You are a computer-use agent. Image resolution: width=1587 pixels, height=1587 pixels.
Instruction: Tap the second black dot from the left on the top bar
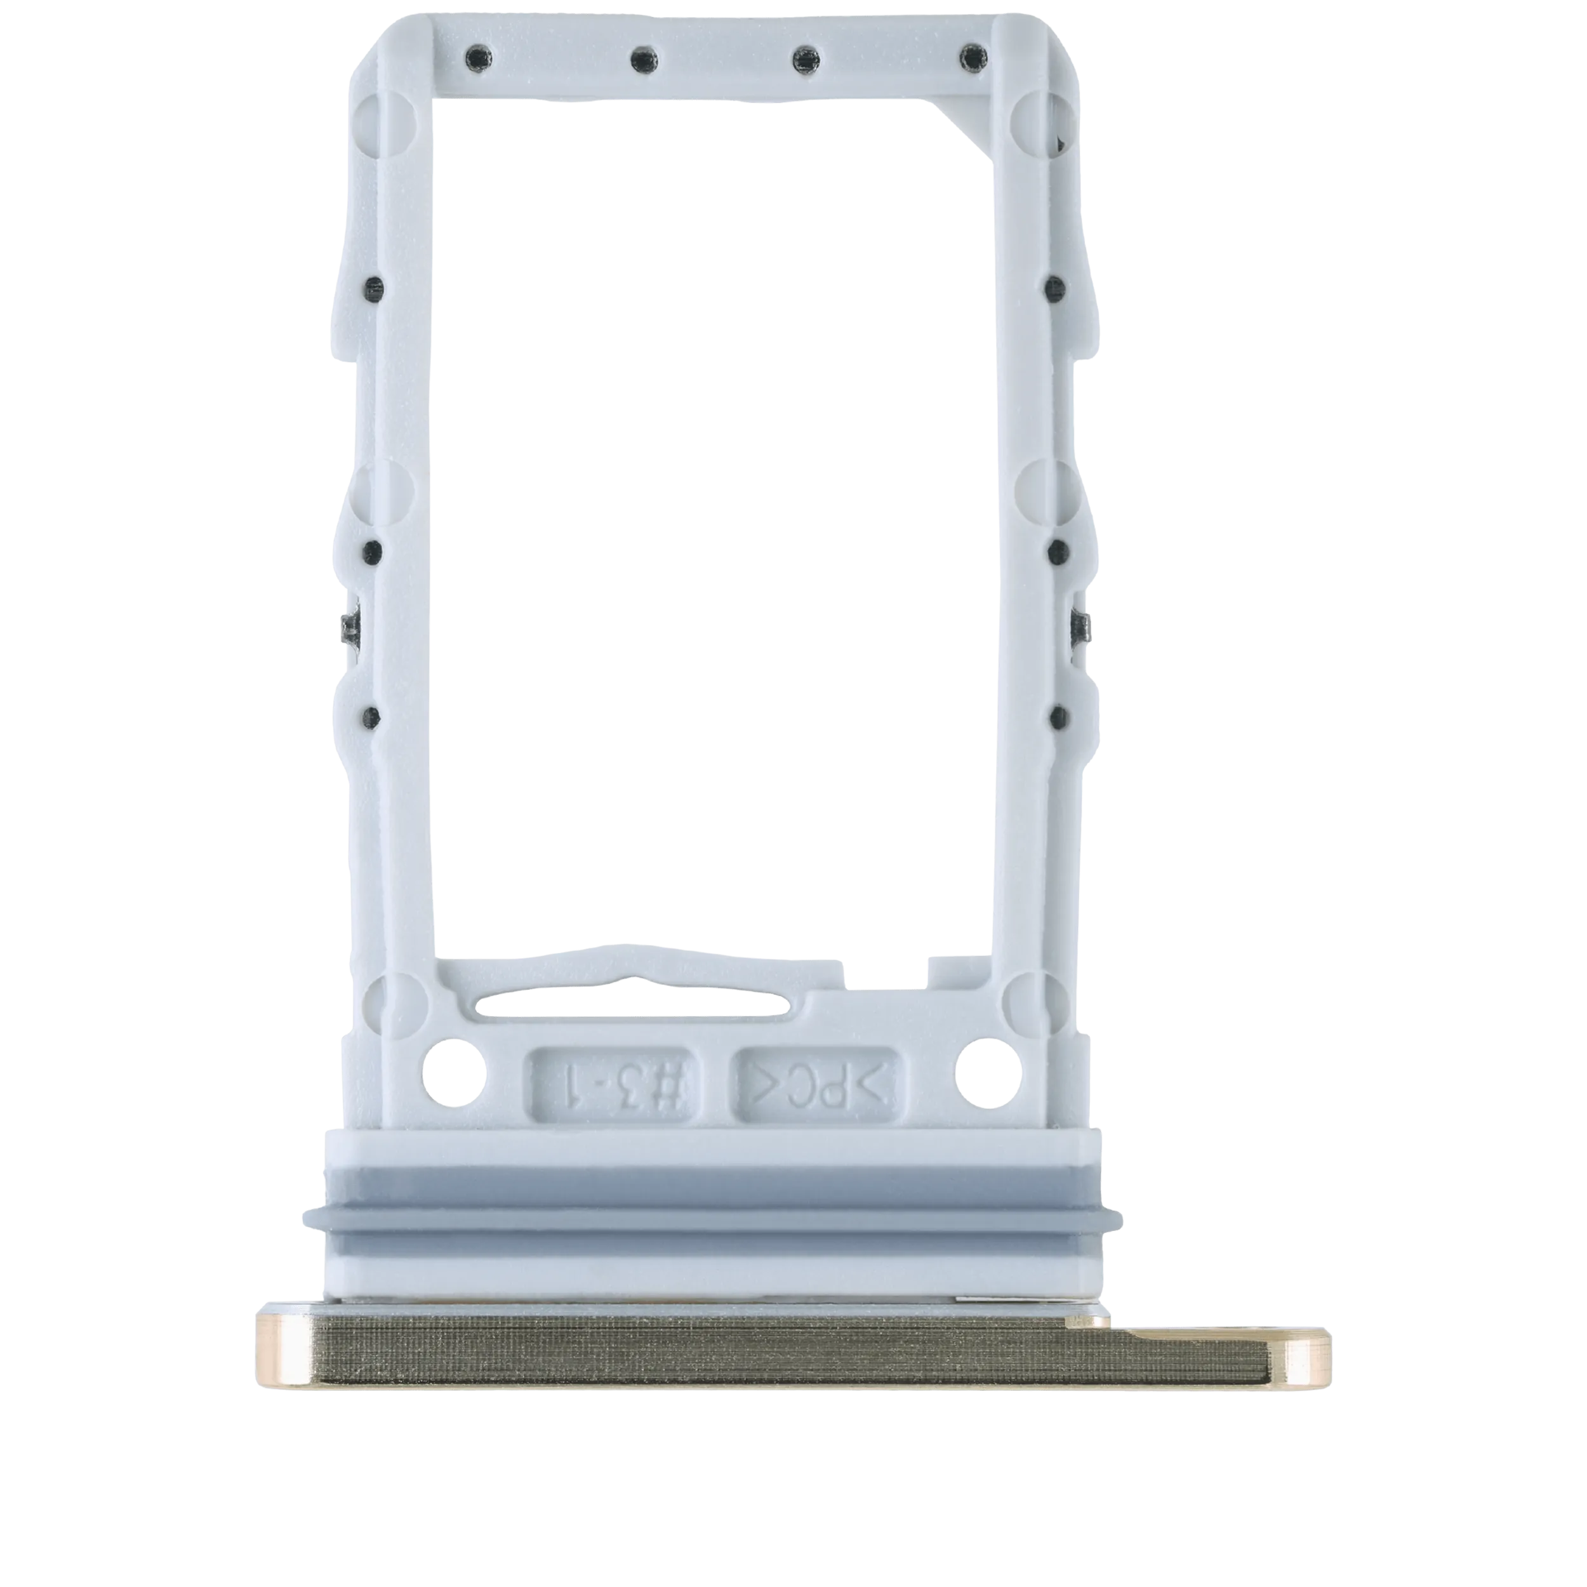pos(642,58)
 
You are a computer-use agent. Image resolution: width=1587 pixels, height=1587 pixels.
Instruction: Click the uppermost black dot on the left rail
pos(375,288)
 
